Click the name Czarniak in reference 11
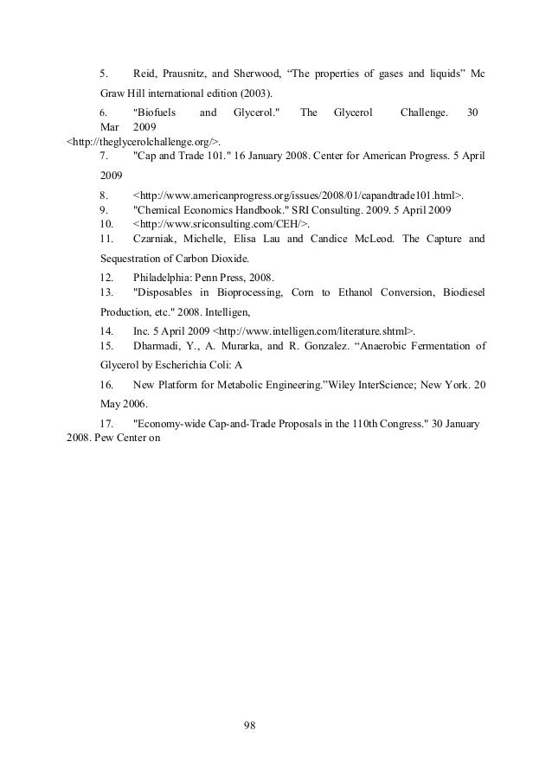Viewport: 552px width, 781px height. pyautogui.click(x=157, y=237)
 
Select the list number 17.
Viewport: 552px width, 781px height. pyautogui.click(x=106, y=424)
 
